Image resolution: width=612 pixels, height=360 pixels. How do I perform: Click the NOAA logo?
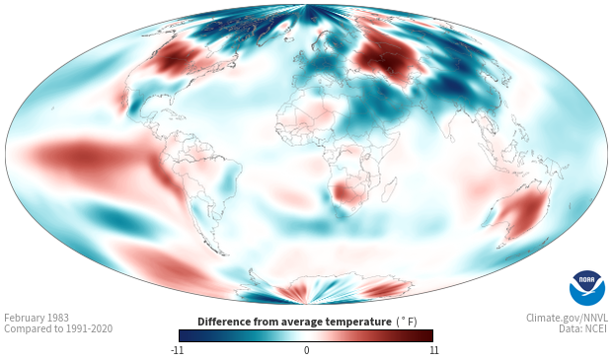tap(587, 288)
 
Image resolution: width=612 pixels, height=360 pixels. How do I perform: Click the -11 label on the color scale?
tap(178, 350)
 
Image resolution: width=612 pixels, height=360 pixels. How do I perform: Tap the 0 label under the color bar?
tap(306, 350)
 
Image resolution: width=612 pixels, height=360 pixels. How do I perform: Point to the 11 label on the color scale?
tap(433, 350)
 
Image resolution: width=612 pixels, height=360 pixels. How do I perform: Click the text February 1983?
tap(37, 318)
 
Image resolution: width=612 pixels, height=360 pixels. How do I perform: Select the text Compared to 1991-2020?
tap(58, 328)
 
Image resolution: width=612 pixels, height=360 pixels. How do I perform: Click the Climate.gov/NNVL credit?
tap(567, 318)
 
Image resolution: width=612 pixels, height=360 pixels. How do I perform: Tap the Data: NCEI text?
tap(583, 328)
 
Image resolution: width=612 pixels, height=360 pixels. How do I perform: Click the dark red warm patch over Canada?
tap(172, 60)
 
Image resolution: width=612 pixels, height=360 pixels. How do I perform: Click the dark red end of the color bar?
tap(428, 335)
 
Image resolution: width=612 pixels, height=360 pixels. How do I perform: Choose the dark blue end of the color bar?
tap(185, 335)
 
